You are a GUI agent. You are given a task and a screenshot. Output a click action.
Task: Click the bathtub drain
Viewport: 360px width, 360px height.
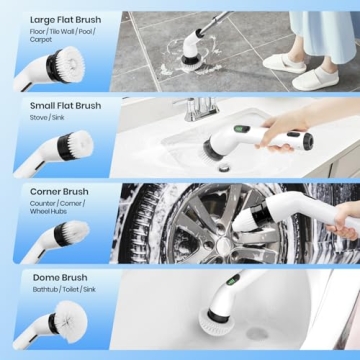[x=257, y=333]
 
